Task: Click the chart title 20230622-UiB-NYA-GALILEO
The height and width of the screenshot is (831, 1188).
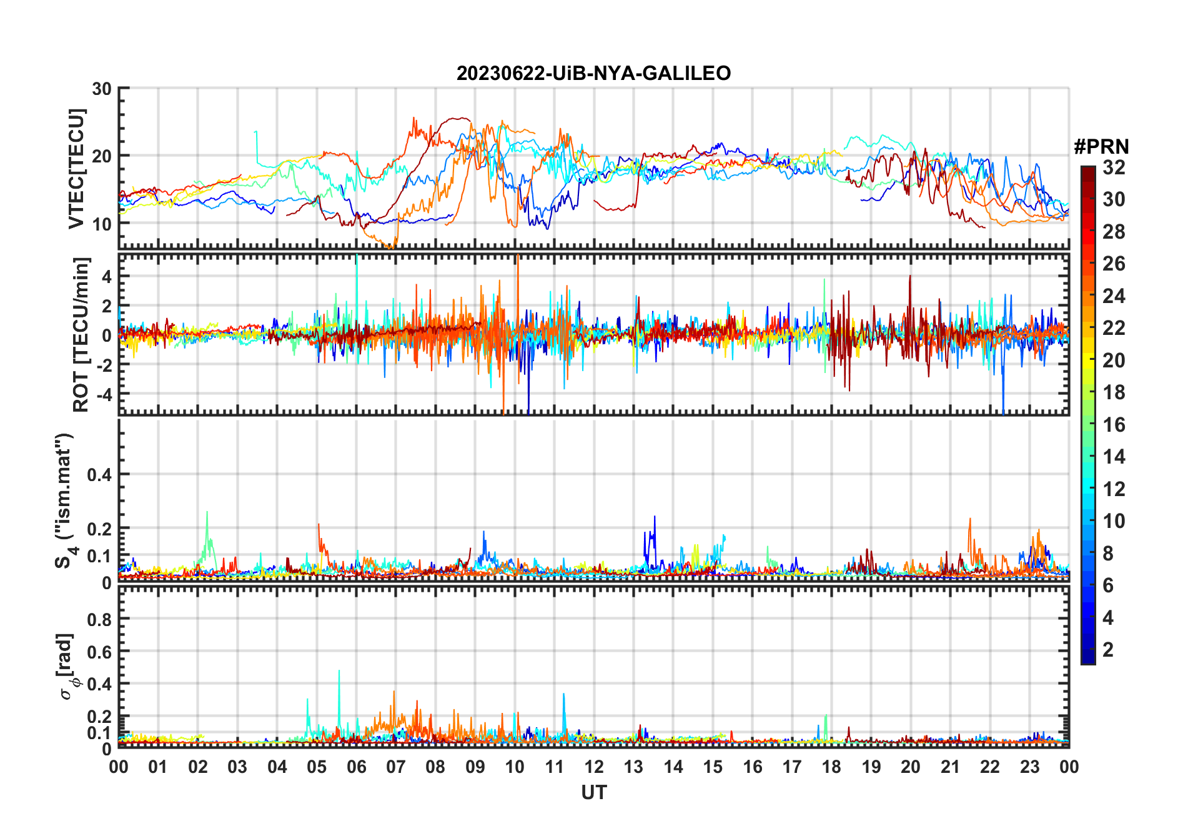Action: (x=593, y=74)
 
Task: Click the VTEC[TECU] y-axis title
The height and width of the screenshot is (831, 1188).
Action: (x=77, y=169)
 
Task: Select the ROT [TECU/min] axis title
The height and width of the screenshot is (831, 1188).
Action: (x=81, y=334)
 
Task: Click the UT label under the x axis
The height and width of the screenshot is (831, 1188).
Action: (x=593, y=792)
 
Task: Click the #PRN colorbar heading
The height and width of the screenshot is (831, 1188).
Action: (x=1101, y=147)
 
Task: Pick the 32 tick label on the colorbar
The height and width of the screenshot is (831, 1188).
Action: (x=1114, y=167)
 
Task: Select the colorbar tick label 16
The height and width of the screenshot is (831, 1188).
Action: (x=1114, y=425)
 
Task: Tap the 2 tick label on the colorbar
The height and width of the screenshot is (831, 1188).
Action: (x=1108, y=650)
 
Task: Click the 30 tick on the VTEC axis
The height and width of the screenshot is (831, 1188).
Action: (x=102, y=89)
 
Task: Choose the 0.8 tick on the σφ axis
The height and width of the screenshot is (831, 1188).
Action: (x=99, y=619)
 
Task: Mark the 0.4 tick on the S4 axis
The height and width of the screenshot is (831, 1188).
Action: (x=99, y=474)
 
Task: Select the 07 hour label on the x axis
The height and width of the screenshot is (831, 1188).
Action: (x=396, y=767)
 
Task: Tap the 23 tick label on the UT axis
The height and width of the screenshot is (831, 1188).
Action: (x=1029, y=767)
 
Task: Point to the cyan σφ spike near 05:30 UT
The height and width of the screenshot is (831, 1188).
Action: (x=339, y=672)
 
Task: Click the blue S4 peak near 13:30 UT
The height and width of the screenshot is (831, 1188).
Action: (x=655, y=518)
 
